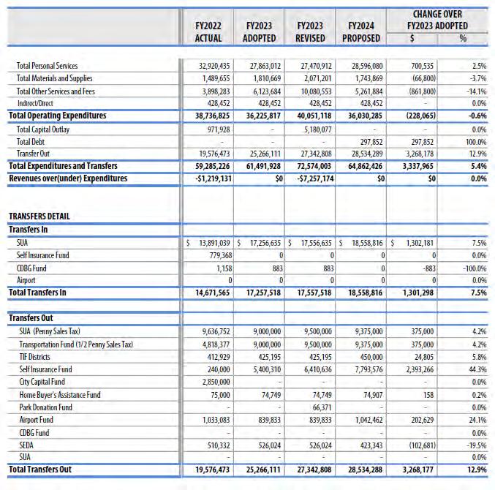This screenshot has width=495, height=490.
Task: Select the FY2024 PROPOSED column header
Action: (x=362, y=31)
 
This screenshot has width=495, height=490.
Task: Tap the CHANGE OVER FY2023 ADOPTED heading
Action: (x=437, y=20)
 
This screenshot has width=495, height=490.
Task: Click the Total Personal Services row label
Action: (x=47, y=67)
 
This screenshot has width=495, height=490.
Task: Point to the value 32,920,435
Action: (x=209, y=67)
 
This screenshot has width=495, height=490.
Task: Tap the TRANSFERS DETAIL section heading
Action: (x=39, y=216)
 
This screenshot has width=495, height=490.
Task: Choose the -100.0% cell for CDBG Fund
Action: (x=475, y=267)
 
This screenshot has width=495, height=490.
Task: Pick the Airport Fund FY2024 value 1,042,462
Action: (x=363, y=419)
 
